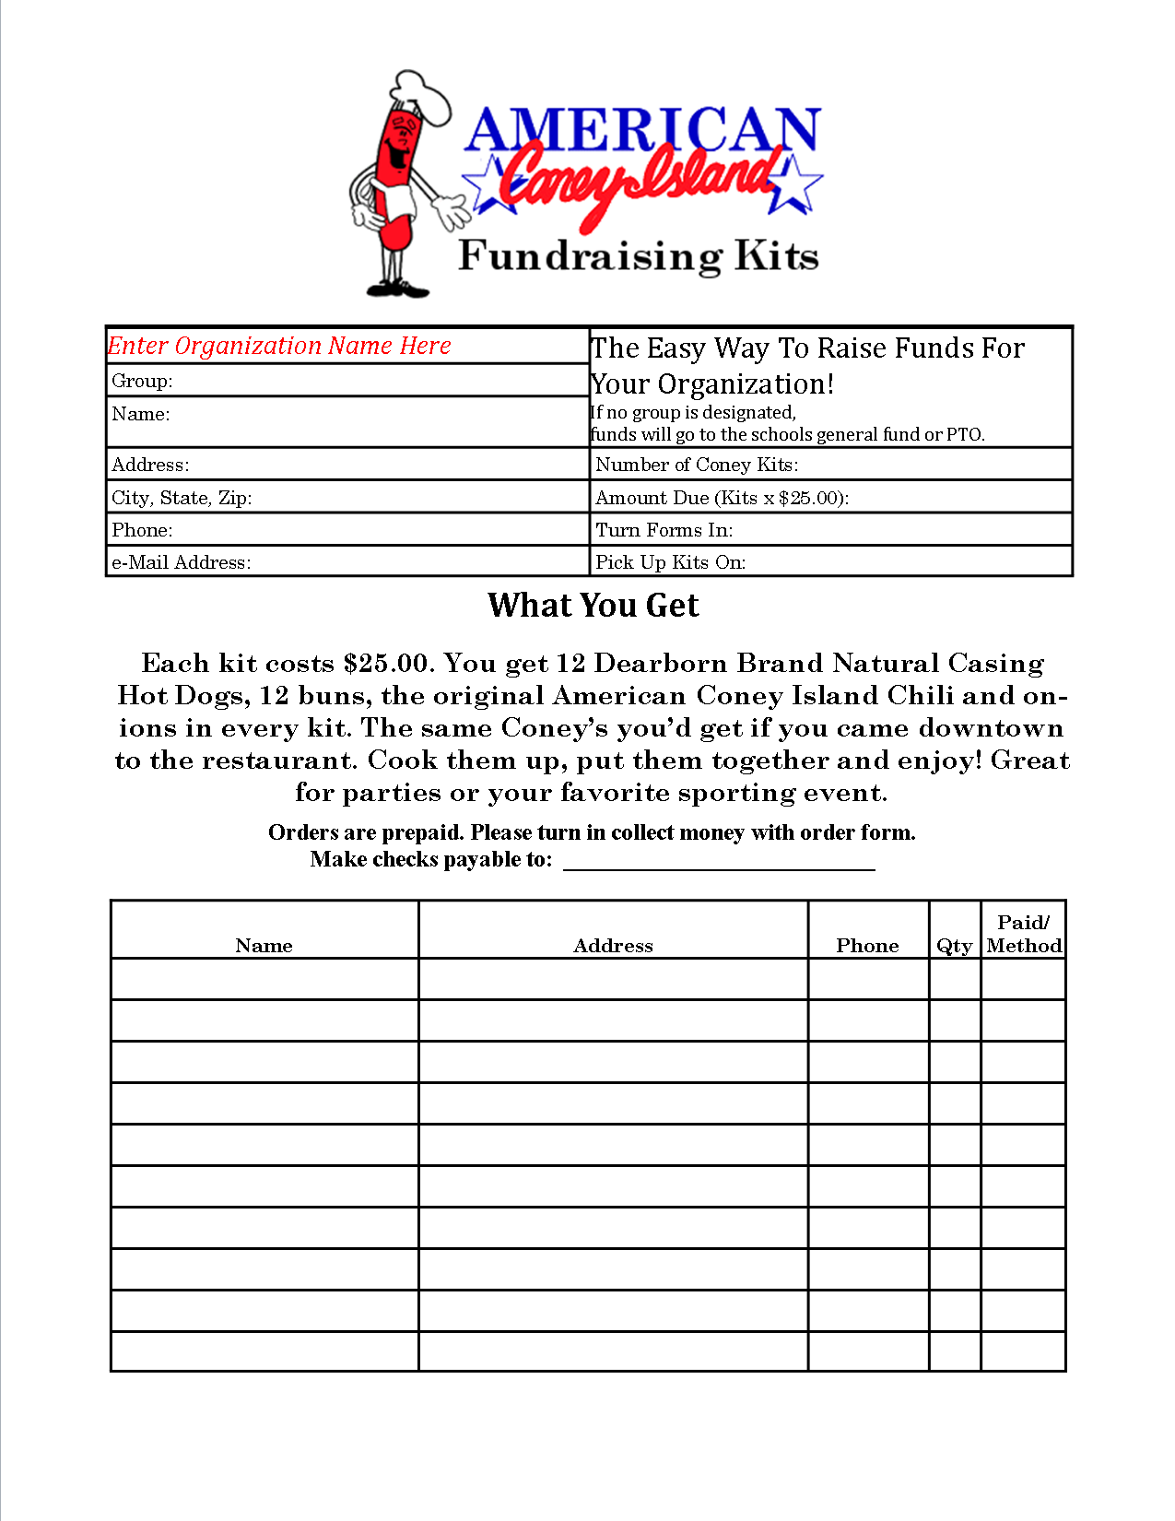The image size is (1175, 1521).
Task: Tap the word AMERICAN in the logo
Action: pos(642,130)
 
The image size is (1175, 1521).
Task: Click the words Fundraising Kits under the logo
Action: pos(639,255)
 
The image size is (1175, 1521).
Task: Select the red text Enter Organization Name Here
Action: pos(279,346)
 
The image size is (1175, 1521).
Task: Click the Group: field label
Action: pos(142,381)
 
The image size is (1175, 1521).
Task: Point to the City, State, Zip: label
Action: pos(182,498)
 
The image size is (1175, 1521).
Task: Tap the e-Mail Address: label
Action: pos(181,562)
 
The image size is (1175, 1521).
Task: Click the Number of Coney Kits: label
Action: pos(697,465)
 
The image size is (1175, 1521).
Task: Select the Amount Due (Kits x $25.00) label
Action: pos(722,498)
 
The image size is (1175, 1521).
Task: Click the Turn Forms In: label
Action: pos(664,530)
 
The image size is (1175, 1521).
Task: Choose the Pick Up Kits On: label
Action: pos(670,562)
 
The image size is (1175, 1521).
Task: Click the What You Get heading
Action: pos(593,605)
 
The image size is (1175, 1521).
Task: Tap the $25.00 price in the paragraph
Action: pos(386,664)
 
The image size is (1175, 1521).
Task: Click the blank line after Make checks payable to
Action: pos(719,862)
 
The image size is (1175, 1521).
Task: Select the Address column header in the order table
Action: pos(613,946)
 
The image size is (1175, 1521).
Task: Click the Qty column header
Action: pos(954,946)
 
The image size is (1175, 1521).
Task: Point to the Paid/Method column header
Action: pos(1024,934)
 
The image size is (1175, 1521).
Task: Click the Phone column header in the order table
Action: pos(867,946)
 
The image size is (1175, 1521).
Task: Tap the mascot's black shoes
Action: pos(398,289)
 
